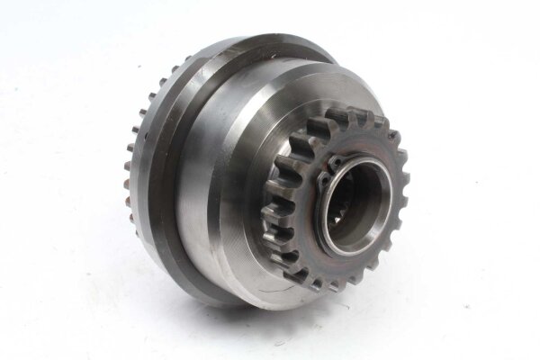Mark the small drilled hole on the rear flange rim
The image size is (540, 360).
[x=134, y=135]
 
